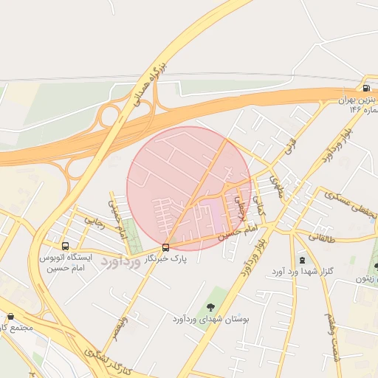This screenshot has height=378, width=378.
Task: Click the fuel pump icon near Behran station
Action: [366, 88]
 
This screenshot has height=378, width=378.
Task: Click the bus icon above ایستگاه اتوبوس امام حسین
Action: [65, 246]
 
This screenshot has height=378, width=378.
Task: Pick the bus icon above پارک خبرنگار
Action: [165, 247]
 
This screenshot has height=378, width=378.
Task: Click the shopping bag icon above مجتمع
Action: [11, 316]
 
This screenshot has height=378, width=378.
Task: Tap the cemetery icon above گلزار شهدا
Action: [301, 260]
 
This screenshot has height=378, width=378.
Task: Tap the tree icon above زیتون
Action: [377, 267]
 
